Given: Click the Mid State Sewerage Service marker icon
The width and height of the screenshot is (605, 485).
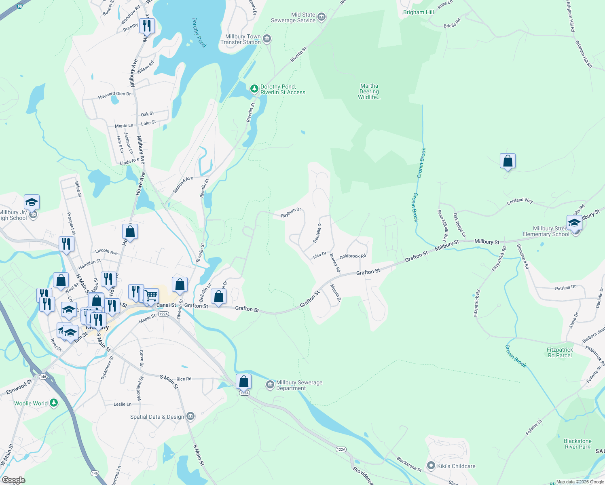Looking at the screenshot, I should (322, 17).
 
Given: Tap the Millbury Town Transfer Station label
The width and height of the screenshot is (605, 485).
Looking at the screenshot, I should (241, 39).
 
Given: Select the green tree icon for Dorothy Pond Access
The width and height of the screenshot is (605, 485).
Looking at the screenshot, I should (254, 89).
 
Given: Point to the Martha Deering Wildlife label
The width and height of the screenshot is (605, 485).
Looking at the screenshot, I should (369, 91).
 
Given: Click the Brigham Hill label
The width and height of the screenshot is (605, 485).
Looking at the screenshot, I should (418, 12).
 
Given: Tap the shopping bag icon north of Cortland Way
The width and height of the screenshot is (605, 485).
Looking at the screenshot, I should (508, 161).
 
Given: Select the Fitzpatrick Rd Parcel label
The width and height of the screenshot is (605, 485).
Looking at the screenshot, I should (560, 352).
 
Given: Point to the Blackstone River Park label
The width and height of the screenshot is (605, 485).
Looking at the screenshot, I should (577, 444).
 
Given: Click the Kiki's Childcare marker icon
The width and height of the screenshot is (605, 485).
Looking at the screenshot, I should (431, 466).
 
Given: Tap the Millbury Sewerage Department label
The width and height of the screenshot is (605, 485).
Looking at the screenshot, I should (299, 385).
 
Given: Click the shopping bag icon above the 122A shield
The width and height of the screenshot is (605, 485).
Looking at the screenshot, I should (244, 382).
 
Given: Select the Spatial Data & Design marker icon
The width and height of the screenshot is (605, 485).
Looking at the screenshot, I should (191, 416).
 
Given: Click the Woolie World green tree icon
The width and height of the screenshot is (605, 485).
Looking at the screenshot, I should (54, 403).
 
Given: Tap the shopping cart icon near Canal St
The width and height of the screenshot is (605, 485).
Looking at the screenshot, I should (151, 296).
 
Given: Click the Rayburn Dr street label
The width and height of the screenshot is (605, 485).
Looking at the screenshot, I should (291, 213).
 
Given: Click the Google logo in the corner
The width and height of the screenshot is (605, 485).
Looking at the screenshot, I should (13, 480).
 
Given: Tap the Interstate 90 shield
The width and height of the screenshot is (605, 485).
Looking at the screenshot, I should (19, 6).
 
